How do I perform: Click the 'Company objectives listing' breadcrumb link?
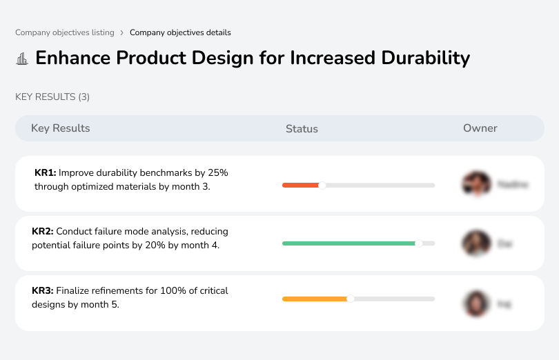[x=64, y=32]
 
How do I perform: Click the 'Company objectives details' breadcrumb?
[x=180, y=32]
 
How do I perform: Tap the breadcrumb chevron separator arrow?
[x=121, y=32]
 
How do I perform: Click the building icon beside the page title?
[x=22, y=59]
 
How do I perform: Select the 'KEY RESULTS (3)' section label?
[x=52, y=97]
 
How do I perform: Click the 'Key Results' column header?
[x=60, y=128]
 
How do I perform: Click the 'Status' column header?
[x=302, y=129]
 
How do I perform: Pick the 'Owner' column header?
[x=480, y=128]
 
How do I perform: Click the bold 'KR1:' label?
[x=45, y=172]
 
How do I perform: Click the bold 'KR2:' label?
[x=43, y=231]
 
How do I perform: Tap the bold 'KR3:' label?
[x=43, y=291]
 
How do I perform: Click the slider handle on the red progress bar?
[x=322, y=185]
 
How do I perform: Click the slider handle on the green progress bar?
[x=418, y=243]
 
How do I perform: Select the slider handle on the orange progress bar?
[x=351, y=299]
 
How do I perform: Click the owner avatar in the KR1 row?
[x=476, y=184]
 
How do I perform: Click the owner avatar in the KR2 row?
[x=476, y=243]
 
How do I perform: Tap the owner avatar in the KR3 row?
[x=476, y=303]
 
